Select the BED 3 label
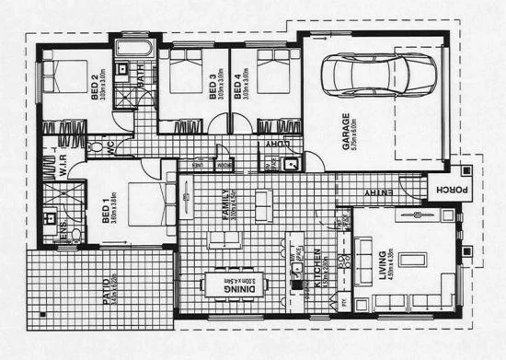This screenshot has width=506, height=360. tap(212, 86)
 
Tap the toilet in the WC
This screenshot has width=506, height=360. tap(96, 147)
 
